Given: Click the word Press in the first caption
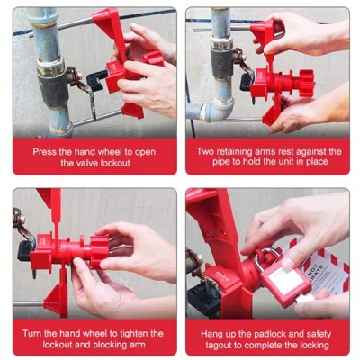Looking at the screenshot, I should pyautogui.click(x=46, y=151).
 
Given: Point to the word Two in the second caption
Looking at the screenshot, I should pyautogui.click(x=207, y=151).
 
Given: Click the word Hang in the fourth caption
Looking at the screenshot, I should pyautogui.click(x=210, y=333).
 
